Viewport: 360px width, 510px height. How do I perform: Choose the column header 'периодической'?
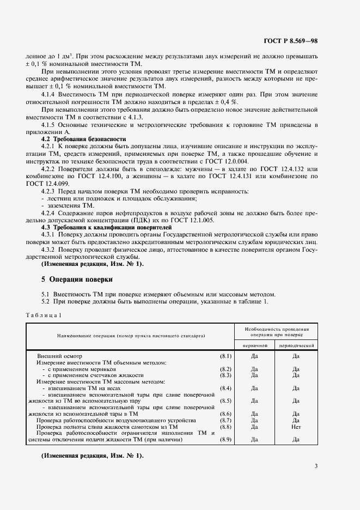[296, 345]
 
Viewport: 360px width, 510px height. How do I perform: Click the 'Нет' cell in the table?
[296, 427]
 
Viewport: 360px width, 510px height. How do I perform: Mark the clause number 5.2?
[47, 301]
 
